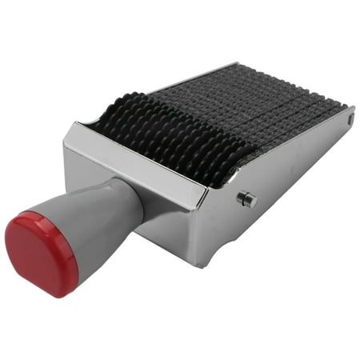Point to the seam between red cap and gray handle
coord(64,232)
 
